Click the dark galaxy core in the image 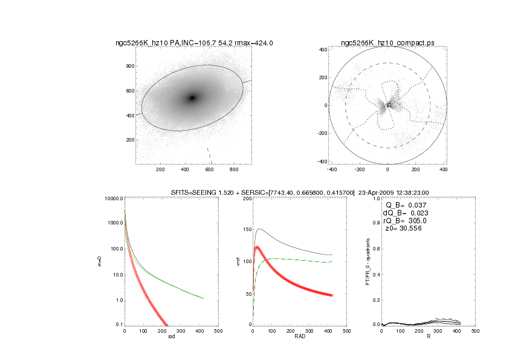pos(192,97)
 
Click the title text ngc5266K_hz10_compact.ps pos(387,43)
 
